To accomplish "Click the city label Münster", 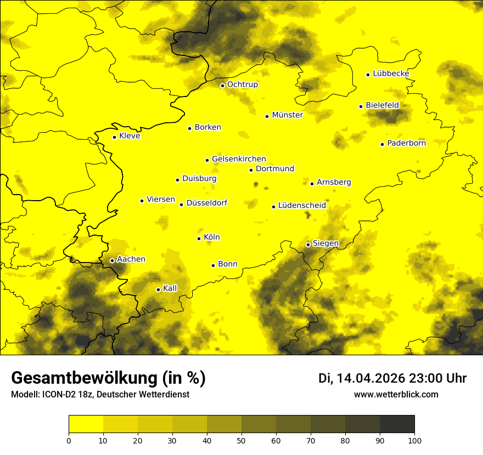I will point(287,115).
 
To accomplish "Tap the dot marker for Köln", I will point(199,238).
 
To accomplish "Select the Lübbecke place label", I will point(391,73).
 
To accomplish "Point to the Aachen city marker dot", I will point(112,260).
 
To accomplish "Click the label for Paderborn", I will point(406,143).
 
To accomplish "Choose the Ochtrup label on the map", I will point(242,84).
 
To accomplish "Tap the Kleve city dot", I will point(114,137).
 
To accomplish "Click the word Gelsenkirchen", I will point(239,159).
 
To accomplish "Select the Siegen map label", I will point(325,243).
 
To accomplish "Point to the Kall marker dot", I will point(158,289).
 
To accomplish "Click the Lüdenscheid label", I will point(302,206).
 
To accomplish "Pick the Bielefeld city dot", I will point(361,106).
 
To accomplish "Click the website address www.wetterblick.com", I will point(396,394).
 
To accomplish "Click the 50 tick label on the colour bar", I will point(241,440).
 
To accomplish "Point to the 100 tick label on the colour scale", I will point(414,440).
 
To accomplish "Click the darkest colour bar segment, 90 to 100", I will point(397,424).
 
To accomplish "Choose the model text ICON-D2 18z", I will point(64,395).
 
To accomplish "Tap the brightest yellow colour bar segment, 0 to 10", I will point(86,424).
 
